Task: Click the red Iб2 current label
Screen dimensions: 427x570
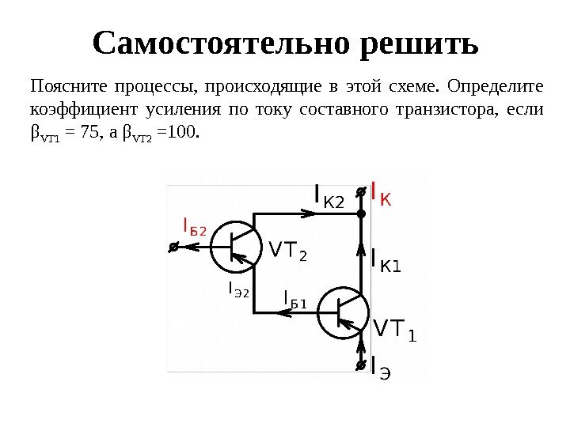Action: point(194,228)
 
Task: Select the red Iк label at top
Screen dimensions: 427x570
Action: point(381,195)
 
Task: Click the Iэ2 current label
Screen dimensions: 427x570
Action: point(238,290)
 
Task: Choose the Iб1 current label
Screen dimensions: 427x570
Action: point(295,299)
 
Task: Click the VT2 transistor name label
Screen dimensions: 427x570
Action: point(287,251)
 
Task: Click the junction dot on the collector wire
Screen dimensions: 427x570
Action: point(360,213)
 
